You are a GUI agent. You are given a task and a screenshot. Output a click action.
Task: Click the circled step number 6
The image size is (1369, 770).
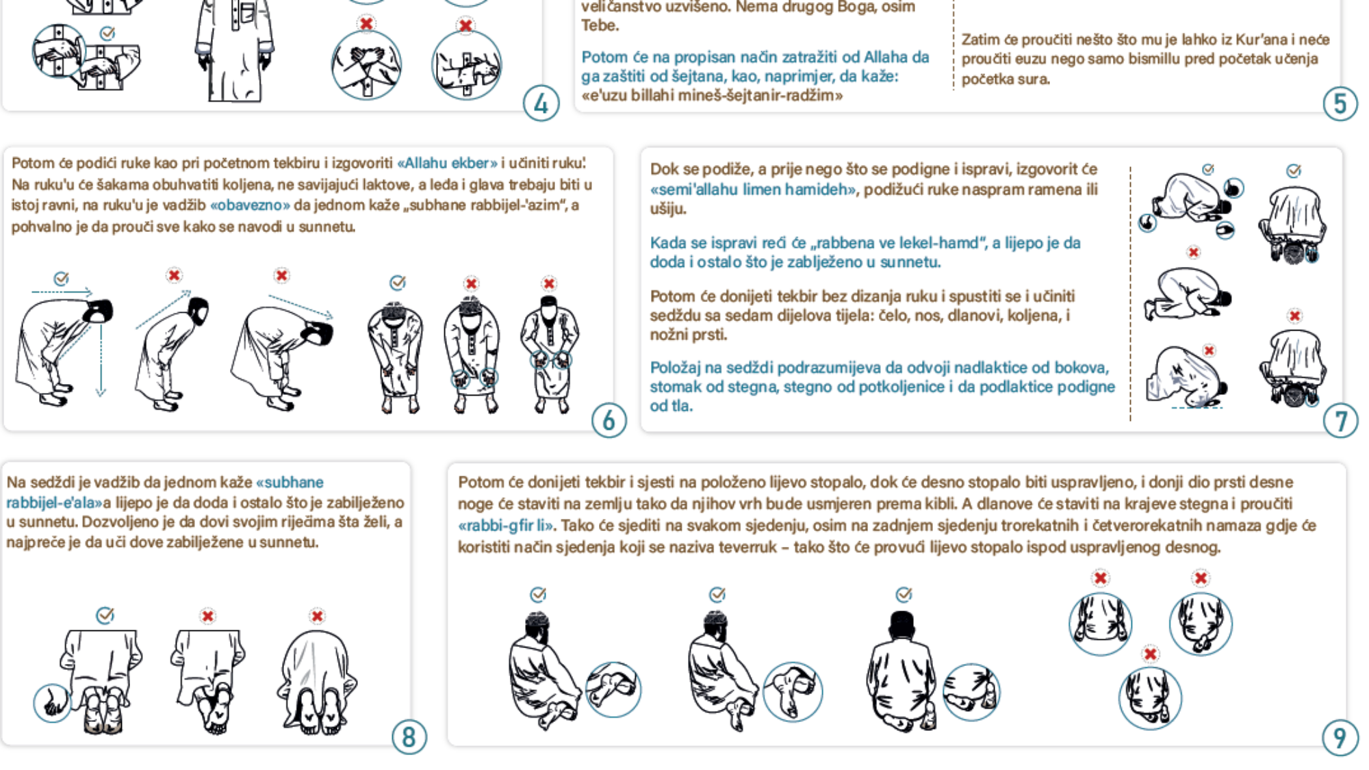click(609, 420)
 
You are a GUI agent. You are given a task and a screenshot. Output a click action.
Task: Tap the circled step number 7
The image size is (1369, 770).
click(1340, 421)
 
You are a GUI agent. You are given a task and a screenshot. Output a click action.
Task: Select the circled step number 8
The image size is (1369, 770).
click(409, 737)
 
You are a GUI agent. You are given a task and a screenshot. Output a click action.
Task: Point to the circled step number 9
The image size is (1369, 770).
click(1340, 738)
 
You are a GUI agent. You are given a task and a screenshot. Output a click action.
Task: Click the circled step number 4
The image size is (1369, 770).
click(541, 104)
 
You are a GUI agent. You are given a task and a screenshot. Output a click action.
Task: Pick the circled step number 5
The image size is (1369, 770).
click(1340, 104)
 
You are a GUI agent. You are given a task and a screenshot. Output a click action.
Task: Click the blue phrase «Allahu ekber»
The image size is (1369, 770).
click(447, 163)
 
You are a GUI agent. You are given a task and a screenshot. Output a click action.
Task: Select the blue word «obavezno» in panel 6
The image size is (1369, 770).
click(251, 205)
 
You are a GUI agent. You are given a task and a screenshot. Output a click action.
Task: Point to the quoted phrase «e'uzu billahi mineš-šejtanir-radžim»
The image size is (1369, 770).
click(712, 95)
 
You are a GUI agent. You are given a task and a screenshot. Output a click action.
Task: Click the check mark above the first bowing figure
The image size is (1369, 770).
click(61, 279)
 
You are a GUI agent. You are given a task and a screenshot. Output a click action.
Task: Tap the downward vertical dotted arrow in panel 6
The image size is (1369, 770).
click(101, 360)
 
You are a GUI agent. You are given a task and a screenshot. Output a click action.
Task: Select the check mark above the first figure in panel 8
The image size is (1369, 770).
click(105, 615)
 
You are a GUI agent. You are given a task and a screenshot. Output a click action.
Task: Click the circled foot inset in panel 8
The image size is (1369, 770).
click(52, 703)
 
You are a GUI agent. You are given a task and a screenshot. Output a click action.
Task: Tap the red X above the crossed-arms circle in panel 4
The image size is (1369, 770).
click(366, 23)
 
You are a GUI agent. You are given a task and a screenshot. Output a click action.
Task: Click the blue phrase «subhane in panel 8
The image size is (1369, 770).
click(290, 483)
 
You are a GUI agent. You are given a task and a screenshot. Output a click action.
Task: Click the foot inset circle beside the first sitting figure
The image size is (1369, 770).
click(613, 689)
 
